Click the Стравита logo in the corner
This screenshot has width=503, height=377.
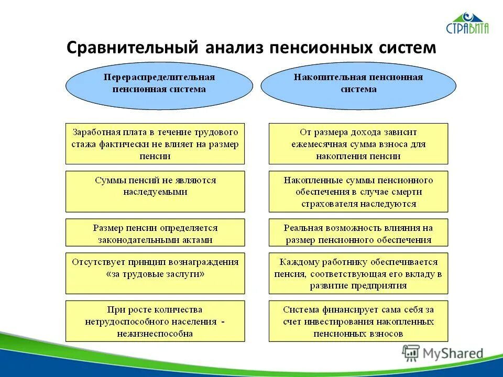pos(467,24)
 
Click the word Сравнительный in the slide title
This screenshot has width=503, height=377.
pos(133,48)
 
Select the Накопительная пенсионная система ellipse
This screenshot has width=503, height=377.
pos(358,83)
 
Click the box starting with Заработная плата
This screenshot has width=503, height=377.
pos(155,144)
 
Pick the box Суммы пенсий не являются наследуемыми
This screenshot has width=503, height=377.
pos(155,191)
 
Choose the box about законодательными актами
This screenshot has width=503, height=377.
pos(155,232)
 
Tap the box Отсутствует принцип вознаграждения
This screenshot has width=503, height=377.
pos(155,273)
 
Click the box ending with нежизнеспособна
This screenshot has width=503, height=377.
pos(155,321)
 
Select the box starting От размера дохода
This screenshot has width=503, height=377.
pos(358,144)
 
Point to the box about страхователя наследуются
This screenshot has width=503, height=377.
pos(358,191)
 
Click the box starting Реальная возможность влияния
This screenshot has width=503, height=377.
pos(358,232)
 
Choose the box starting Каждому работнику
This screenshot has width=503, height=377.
pos(358,273)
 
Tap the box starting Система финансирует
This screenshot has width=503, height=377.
pos(358,321)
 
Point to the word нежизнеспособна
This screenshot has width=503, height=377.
pos(155,333)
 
